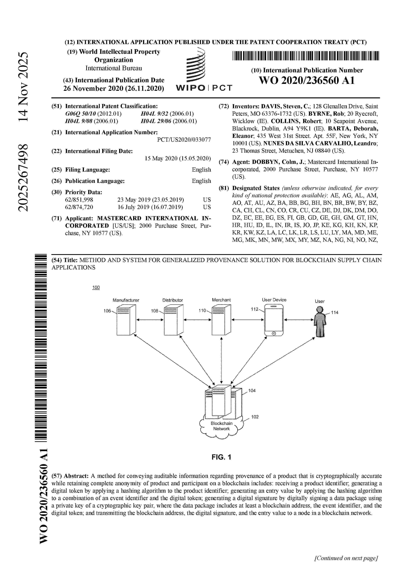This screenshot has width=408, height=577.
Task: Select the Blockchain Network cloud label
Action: (222, 426)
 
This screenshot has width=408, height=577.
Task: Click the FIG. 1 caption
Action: (221, 457)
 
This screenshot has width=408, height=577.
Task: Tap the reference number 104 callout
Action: (252, 390)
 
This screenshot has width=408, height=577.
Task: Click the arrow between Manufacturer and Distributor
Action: (150, 320)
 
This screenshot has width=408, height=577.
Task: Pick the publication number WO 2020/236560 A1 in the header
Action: (307, 80)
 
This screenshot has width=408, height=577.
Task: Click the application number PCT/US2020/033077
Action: (184, 140)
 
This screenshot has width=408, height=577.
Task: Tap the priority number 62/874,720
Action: (79, 207)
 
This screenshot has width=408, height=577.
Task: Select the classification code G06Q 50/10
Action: (80, 114)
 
